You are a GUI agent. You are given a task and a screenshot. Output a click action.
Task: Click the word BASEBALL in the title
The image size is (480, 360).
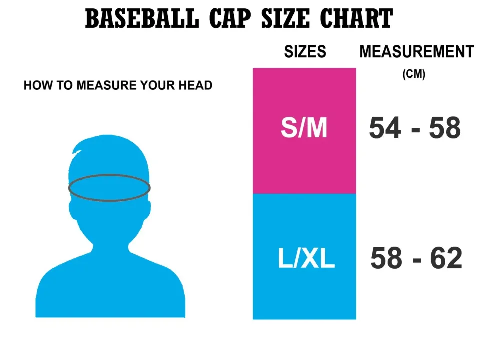tap(142, 19)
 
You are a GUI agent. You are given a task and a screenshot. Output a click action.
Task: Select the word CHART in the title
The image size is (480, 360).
tap(356, 19)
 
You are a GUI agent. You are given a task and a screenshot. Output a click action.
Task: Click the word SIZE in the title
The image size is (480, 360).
tap(287, 19)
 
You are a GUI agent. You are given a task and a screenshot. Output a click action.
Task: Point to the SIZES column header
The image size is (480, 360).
tap(305, 52)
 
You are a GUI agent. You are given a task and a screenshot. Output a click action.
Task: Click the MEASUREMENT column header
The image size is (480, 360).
tap(416, 52)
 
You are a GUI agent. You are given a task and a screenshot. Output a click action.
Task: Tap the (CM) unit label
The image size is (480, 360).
tap(414, 74)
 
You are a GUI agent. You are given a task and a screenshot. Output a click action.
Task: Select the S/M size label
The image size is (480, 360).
tap(304, 128)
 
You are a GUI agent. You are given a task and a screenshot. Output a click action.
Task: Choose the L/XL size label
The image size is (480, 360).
tap(306, 259)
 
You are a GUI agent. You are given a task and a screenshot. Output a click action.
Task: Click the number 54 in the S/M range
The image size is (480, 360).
tap(385, 128)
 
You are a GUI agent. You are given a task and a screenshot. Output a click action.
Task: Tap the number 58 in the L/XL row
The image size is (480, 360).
tap(386, 259)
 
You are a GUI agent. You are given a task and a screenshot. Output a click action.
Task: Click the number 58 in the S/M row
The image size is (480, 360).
tap(444, 128)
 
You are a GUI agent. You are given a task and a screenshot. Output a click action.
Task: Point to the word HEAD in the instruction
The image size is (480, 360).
tap(197, 85)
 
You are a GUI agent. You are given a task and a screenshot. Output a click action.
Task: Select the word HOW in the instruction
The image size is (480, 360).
tap(34, 85)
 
